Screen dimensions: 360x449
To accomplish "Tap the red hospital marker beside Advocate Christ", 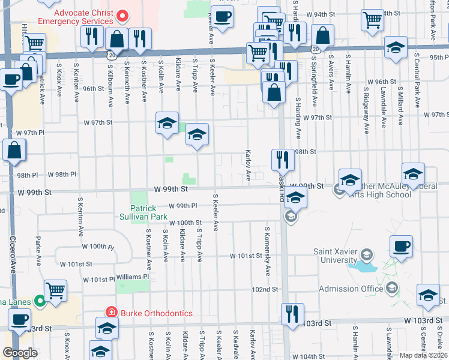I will pos(121,14).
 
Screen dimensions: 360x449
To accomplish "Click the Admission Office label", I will pos(351,289).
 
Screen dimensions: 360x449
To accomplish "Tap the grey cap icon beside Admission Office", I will pos(391,289).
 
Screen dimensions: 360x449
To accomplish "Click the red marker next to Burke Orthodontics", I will pos(110,312).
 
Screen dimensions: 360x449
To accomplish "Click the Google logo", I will pos(19,353).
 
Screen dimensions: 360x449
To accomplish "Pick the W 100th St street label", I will pos(185,223).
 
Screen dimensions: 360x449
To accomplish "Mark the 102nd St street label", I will pos(265,289).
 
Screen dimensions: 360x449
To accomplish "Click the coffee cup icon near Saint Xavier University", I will pos(401,246).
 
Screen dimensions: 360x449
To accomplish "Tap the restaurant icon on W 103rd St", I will pos(292,314).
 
